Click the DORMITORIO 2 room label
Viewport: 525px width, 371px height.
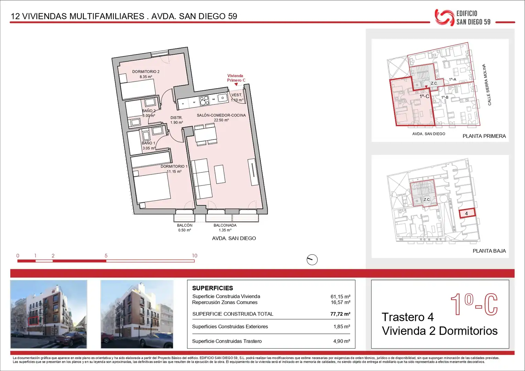coord(146,72)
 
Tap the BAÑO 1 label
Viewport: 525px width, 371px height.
coord(148,143)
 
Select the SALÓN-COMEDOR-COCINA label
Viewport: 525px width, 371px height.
coord(221,115)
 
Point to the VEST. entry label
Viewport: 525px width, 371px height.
coord(237,95)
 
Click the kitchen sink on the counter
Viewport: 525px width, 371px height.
coord(223,98)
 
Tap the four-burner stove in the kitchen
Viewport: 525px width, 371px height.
coord(204,101)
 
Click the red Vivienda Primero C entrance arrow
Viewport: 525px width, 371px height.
coord(236,84)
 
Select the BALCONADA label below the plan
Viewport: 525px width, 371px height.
coord(225,225)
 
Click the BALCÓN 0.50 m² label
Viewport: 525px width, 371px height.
coord(185,227)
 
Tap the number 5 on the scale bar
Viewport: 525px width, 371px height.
coord(106,256)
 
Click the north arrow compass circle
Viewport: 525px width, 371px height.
coord(312,260)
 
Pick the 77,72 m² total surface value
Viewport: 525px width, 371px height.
coord(340,314)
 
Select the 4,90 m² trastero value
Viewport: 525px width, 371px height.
coord(342,341)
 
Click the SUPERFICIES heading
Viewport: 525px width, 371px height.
coord(213,288)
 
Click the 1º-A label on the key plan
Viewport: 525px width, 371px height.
coord(452,80)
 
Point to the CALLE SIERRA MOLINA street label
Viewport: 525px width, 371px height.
coord(487,85)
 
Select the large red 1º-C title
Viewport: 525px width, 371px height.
coord(474,304)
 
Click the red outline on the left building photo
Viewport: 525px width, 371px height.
coord(33,321)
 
